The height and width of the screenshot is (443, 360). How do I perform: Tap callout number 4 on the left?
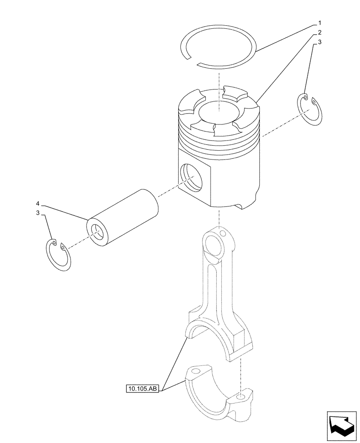click(x=38, y=203)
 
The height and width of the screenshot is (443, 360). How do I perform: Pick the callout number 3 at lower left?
click(x=38, y=213)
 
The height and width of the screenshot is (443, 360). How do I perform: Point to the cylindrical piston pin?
click(x=124, y=216)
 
